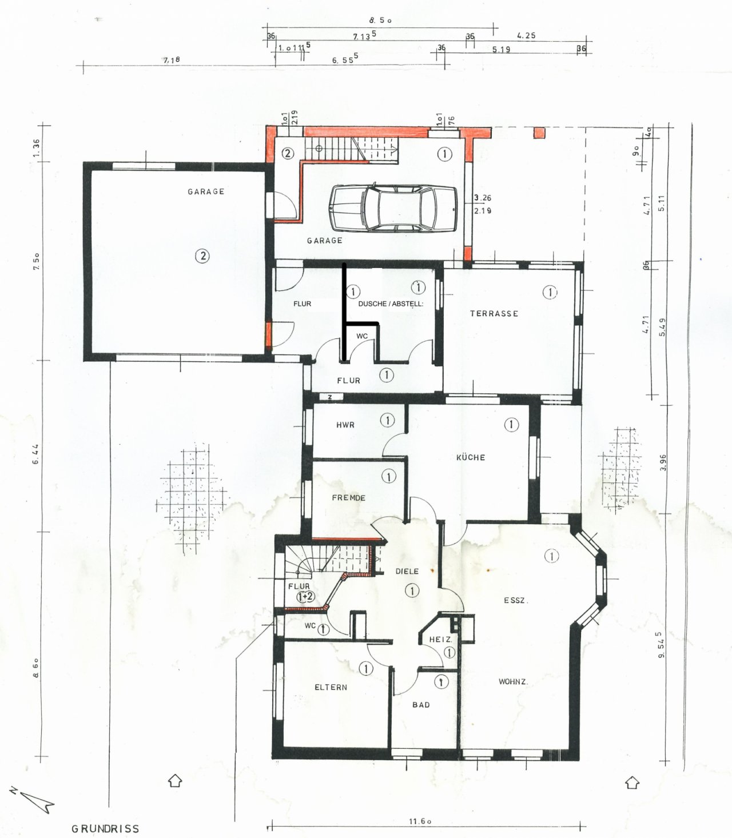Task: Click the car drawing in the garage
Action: point(393,208)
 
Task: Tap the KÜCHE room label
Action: point(471,457)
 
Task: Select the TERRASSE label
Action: point(494,313)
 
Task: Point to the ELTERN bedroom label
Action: point(331,687)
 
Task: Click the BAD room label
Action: point(421,705)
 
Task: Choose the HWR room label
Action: point(345,425)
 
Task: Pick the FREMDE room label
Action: point(348,497)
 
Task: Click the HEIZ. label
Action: point(440,639)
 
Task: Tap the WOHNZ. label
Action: point(513,681)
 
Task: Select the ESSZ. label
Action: point(516,600)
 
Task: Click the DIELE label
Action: point(407,571)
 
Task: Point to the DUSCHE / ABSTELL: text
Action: point(391,304)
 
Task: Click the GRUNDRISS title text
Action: point(105,828)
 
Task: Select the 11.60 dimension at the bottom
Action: point(420,821)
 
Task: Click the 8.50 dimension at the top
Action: point(380,20)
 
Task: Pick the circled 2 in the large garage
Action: point(202,256)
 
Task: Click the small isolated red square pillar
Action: point(539,133)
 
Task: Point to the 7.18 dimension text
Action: point(172,59)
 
